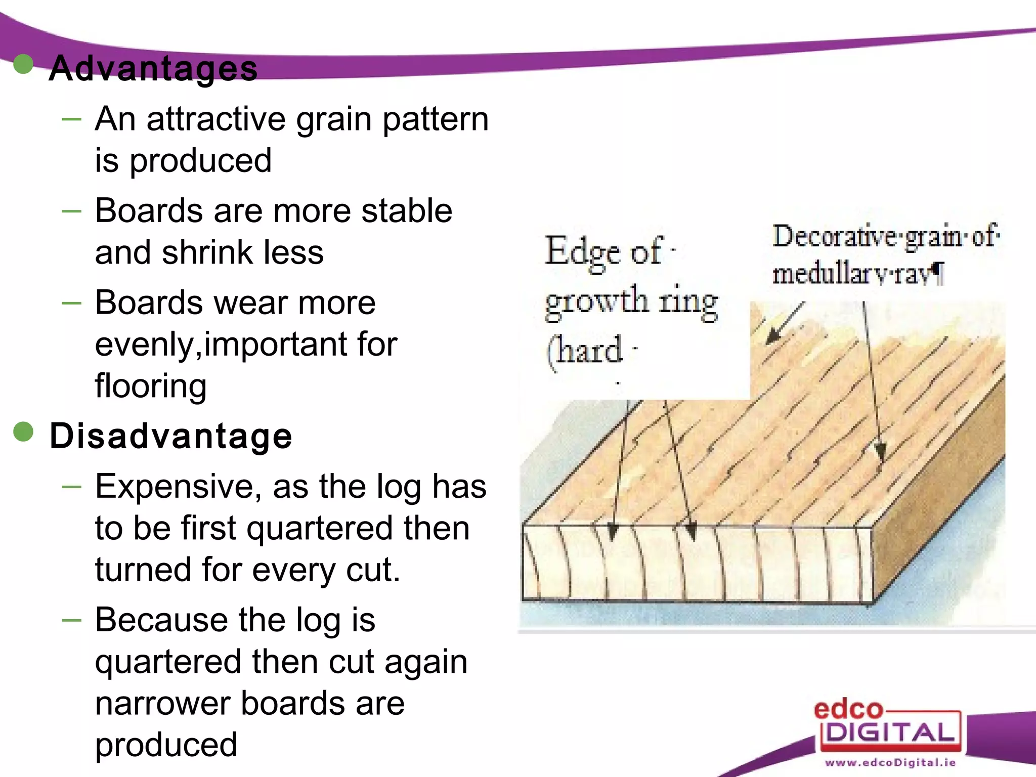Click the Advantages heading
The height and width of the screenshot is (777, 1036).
click(x=153, y=68)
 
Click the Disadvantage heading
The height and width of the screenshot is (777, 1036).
click(x=170, y=436)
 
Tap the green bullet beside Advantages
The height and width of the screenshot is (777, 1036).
click(x=23, y=64)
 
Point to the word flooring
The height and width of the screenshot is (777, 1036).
click(x=151, y=385)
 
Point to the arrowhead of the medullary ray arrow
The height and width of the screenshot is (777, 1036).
click(x=880, y=452)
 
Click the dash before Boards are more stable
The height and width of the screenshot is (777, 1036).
click(x=71, y=211)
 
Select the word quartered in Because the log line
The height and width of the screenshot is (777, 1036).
click(x=168, y=662)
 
